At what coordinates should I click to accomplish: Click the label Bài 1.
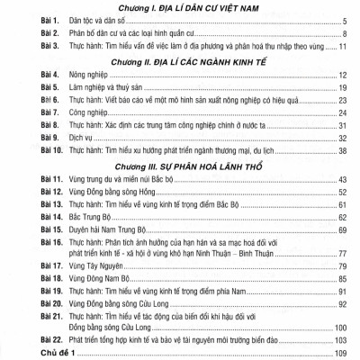pyautogui.click(x=21, y=23)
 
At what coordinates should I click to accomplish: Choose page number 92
pyautogui.click(x=343, y=303)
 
